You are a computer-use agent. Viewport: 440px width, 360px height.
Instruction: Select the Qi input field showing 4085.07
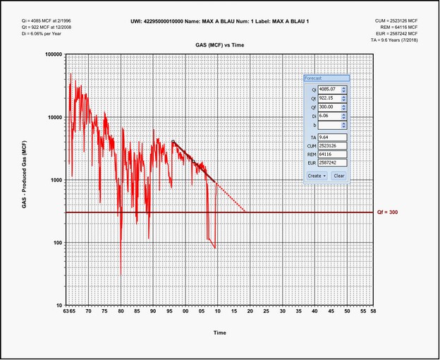click(329, 90)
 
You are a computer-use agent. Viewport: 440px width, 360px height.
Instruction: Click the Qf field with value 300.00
click(329, 108)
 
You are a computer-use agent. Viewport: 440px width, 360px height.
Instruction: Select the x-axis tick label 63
click(66, 311)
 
